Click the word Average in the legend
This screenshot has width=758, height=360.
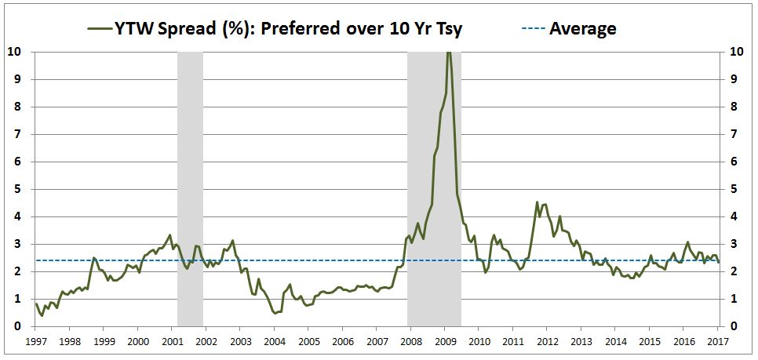coord(582,29)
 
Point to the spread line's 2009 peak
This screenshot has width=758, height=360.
coord(448,53)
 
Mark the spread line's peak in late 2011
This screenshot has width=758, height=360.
coord(538,202)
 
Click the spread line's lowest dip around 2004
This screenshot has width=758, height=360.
coord(275,313)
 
